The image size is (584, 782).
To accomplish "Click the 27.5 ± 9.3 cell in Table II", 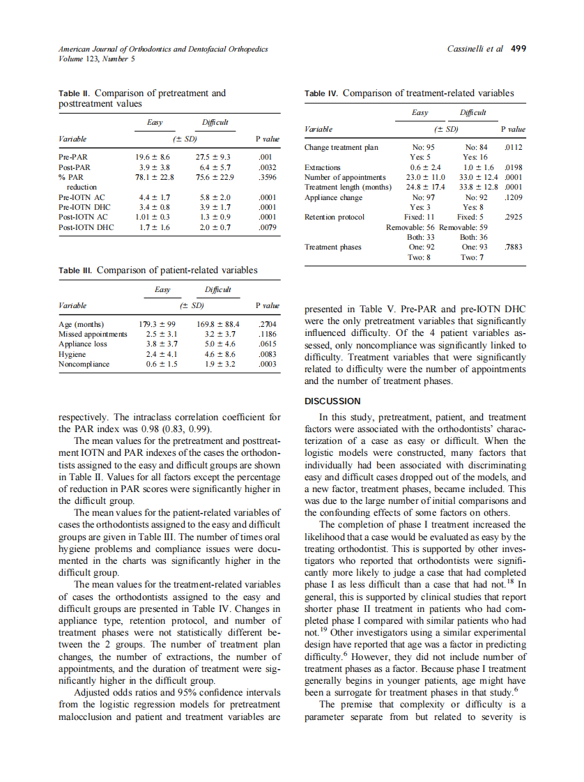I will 213,158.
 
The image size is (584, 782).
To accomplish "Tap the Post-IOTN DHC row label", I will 86,227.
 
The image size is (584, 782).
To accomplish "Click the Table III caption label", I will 75,270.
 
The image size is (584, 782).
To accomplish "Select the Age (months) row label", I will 82,324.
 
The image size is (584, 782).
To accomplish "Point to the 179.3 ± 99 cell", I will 157,324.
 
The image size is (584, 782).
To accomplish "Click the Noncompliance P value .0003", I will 268,364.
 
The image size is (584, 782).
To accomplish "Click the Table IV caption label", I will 322,93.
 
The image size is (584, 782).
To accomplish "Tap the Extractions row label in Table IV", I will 323,168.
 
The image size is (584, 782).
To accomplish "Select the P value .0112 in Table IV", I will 514,148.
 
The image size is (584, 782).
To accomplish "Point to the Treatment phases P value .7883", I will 514,247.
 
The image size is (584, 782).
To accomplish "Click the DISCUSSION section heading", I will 333,401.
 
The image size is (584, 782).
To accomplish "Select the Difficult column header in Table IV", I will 473,113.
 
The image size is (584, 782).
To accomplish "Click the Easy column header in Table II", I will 155,123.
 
